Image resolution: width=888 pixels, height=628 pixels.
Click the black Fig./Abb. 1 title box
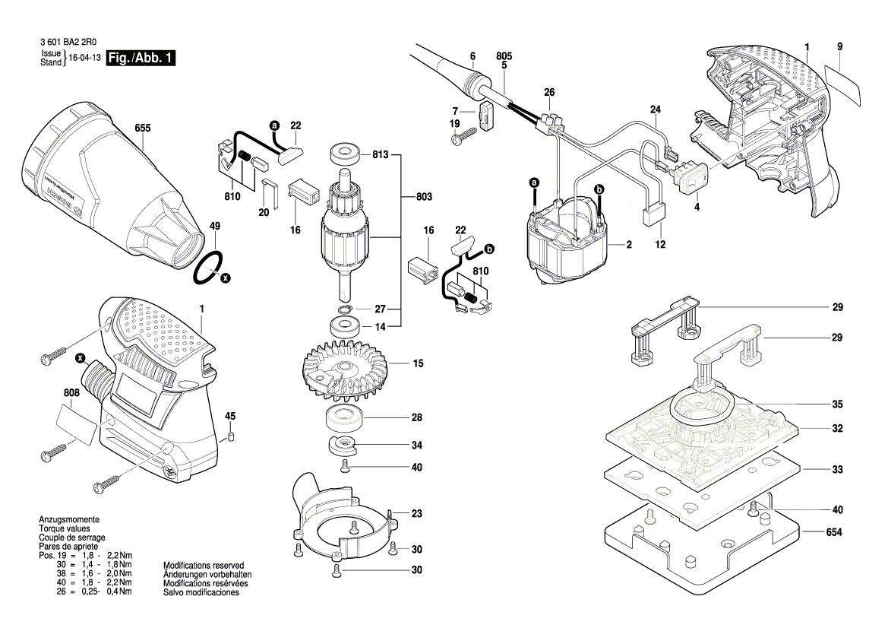click(141, 59)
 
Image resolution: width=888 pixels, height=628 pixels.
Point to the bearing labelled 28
click(343, 418)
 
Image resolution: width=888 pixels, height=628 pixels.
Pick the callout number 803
click(424, 197)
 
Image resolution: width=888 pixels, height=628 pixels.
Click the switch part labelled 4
click(692, 176)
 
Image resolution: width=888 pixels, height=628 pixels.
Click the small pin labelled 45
click(231, 437)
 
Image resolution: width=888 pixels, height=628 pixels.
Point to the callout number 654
click(835, 533)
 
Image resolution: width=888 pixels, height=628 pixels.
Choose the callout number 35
click(836, 404)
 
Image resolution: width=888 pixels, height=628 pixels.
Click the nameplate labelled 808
click(77, 424)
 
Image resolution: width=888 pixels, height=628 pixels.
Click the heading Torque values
click(63, 528)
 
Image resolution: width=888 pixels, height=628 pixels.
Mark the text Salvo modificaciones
click(201, 592)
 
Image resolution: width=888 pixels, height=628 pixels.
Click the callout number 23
click(416, 514)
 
